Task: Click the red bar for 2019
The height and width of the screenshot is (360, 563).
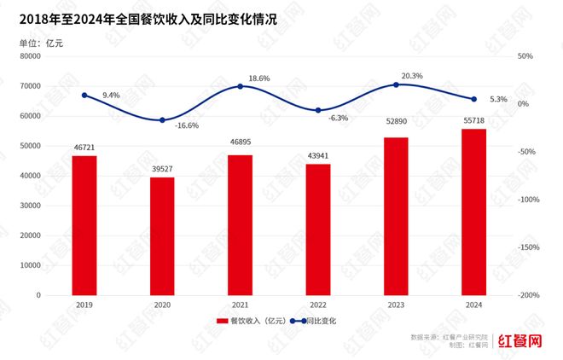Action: click(x=84, y=225)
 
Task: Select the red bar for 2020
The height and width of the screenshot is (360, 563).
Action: click(x=162, y=235)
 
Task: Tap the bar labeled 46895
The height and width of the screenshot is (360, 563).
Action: click(x=240, y=224)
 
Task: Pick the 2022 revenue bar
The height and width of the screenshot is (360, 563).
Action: click(x=318, y=229)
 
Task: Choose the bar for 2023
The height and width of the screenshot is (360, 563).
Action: click(x=396, y=216)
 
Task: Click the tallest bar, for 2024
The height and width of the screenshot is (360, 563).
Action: click(x=473, y=212)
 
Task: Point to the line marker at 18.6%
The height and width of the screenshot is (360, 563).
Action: click(x=240, y=86)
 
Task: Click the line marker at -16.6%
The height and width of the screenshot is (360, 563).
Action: click(x=162, y=120)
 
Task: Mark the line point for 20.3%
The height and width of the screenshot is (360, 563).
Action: click(x=396, y=84)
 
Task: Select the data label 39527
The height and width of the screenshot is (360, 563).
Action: click(x=162, y=171)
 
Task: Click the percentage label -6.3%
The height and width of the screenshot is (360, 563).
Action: click(x=339, y=118)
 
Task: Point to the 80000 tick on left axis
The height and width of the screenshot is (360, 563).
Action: click(x=31, y=56)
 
